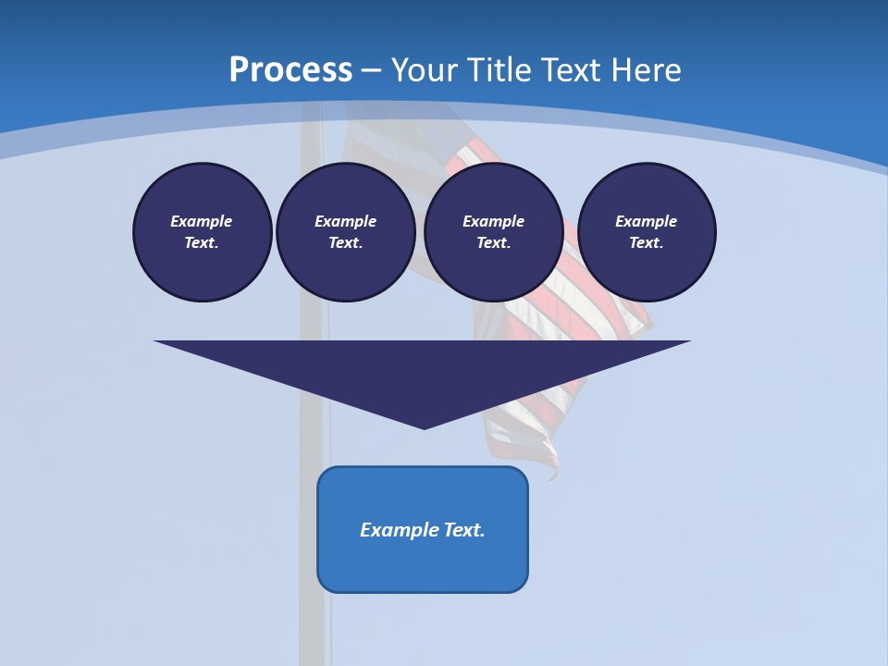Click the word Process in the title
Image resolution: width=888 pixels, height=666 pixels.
(290, 70)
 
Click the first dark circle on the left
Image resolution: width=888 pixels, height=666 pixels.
(203, 232)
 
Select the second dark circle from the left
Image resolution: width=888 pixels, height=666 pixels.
(346, 232)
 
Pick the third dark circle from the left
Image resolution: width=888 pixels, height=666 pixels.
(493, 232)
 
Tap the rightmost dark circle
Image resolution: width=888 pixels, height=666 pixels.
(647, 232)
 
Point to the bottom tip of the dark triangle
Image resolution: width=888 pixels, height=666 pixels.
(424, 426)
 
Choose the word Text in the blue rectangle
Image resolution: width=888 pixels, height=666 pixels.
(464, 530)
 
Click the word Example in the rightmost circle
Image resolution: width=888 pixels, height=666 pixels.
(646, 221)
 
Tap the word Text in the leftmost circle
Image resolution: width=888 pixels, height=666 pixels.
(201, 243)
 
